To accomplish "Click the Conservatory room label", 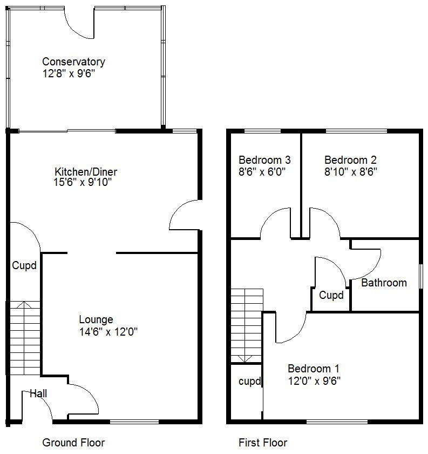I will pyautogui.click(x=73, y=62).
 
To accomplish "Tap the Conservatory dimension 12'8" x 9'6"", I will pyautogui.click(x=69, y=74).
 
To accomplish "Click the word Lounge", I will pyautogui.click(x=96, y=320).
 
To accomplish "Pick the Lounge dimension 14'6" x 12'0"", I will pyautogui.click(x=108, y=332).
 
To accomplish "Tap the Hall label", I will pyautogui.click(x=38, y=393).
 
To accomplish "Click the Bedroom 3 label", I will pyautogui.click(x=264, y=160).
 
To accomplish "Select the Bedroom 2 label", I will pyautogui.click(x=350, y=160).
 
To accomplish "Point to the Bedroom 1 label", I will pyautogui.click(x=314, y=369).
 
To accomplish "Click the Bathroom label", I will pyautogui.click(x=384, y=283).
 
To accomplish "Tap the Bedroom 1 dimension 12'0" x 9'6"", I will pyautogui.click(x=314, y=380).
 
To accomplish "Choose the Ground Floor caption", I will pyautogui.click(x=73, y=443).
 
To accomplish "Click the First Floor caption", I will pyautogui.click(x=263, y=443).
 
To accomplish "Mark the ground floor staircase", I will pyautogui.click(x=25, y=338).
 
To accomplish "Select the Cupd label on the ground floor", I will pyautogui.click(x=24, y=266).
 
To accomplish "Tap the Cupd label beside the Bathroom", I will pyautogui.click(x=331, y=295).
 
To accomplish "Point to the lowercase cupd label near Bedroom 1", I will pyautogui.click(x=250, y=382).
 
